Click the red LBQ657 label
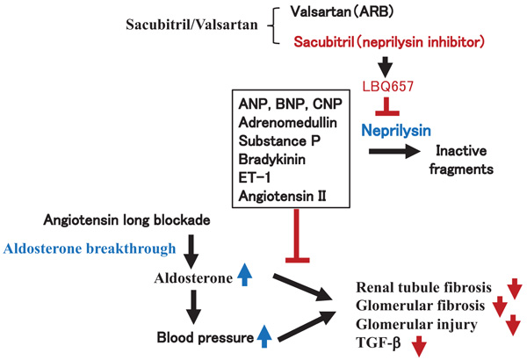coord(388,87)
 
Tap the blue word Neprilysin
coord(396,131)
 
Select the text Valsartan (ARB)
coord(343,12)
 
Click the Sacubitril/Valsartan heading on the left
coord(191,25)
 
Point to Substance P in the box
coord(279,140)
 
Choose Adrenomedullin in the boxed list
coord(288,122)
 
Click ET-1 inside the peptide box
coord(255,177)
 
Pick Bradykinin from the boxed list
coord(272,159)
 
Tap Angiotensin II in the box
coord(282,196)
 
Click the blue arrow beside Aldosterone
coord(245,275)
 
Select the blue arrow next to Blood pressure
coord(264,336)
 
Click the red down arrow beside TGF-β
coord(419,346)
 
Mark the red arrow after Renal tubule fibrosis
coord(515,289)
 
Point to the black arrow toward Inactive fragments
coord(394,151)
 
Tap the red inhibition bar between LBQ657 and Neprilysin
coord(387,106)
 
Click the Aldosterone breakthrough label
coord(90,248)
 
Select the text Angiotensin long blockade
coord(127,220)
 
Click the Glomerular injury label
coord(416,325)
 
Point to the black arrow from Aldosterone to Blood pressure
coord(193,307)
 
